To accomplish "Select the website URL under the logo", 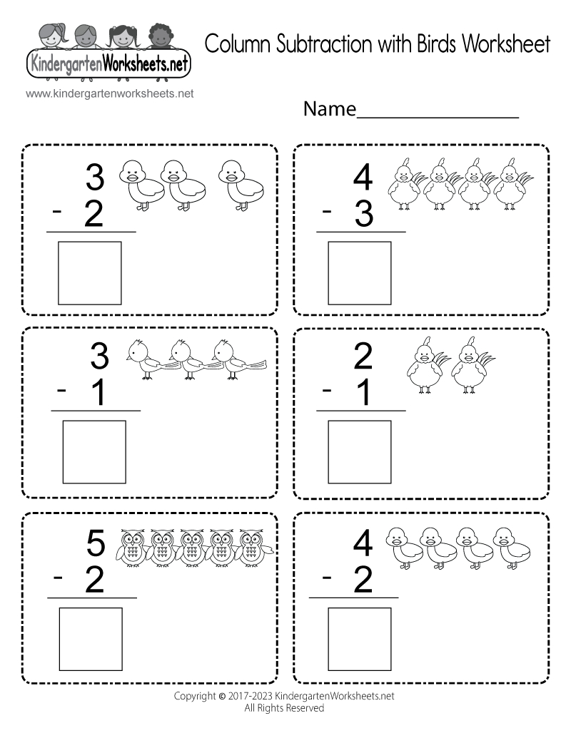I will (x=109, y=93).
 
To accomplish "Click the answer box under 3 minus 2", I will (x=90, y=273).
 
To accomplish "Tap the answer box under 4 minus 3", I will (x=360, y=273).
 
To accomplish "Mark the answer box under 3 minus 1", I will (x=95, y=451).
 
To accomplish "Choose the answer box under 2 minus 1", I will (x=360, y=451).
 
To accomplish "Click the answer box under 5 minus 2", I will (x=90, y=638).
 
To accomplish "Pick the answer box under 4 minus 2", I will (x=360, y=638).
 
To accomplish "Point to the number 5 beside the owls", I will (x=96, y=545).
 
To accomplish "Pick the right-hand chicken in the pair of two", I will (x=470, y=364).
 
